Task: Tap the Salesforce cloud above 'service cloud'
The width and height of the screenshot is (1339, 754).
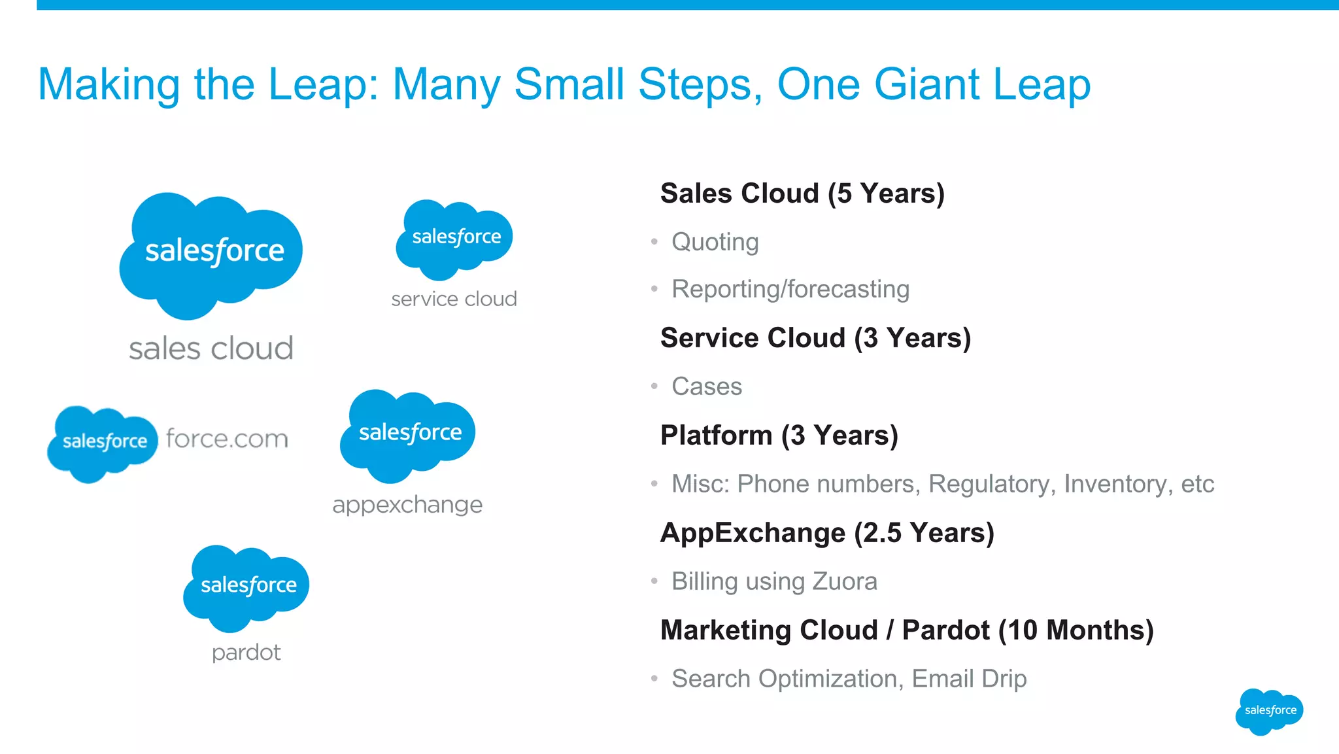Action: tap(455, 238)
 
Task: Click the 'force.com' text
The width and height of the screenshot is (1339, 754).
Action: tap(227, 439)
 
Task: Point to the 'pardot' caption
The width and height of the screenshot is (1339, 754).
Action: tap(246, 652)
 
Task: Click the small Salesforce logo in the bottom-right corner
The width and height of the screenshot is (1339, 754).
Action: tap(1268, 711)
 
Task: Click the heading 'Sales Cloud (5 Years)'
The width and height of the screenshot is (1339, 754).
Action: tap(802, 194)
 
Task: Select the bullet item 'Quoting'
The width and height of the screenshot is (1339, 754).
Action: tap(715, 242)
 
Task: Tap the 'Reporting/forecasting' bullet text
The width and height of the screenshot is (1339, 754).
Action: tap(790, 289)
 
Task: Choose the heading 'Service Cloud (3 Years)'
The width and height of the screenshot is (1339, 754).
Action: tap(815, 338)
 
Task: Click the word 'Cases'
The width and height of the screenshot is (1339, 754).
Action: tap(706, 386)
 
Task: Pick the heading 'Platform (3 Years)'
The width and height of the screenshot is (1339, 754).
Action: tap(779, 436)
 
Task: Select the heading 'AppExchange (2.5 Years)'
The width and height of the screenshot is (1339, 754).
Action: tap(827, 533)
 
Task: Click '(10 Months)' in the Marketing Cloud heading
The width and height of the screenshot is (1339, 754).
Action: tap(1076, 630)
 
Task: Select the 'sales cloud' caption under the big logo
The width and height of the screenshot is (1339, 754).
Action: tap(211, 349)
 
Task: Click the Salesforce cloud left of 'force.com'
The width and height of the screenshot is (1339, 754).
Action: tap(103, 442)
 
